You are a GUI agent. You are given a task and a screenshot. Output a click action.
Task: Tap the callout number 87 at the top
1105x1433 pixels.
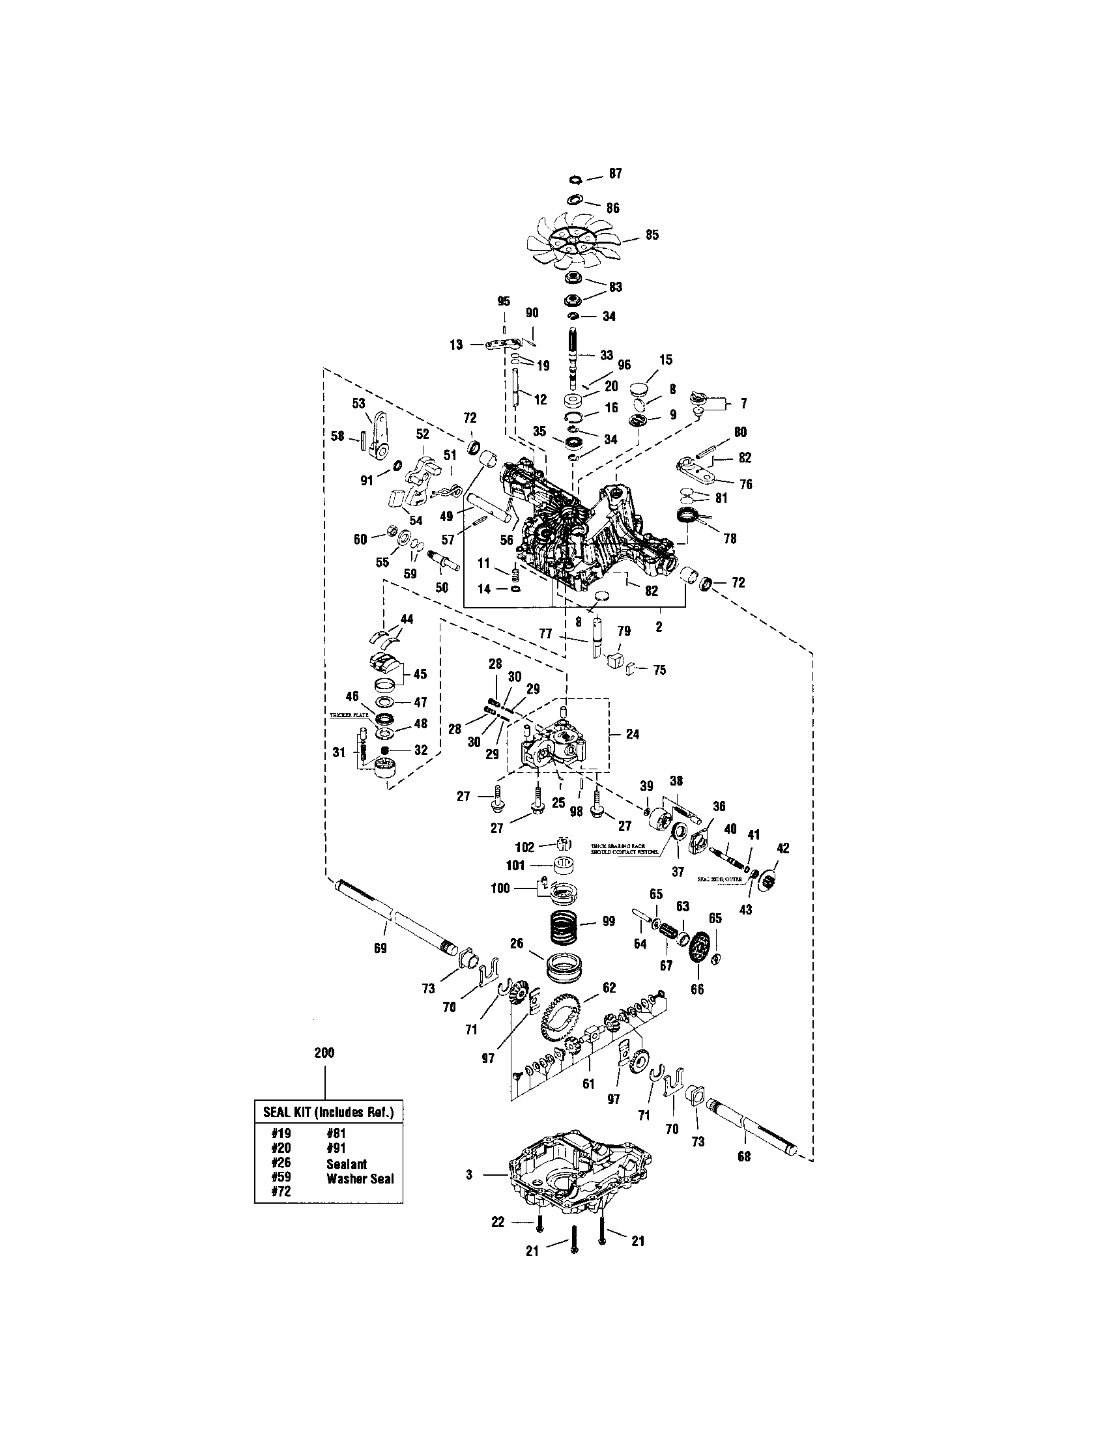pos(615,174)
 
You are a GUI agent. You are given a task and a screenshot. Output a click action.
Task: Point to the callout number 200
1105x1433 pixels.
pos(324,1053)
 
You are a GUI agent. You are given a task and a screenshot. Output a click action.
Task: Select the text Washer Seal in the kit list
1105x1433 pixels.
pos(360,1178)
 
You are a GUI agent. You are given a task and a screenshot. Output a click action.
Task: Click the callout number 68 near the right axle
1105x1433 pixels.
pos(743,1156)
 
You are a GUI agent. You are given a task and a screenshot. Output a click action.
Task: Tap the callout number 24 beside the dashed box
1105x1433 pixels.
pos(632,734)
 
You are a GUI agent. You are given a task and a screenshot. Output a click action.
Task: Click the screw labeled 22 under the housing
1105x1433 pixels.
pos(538,1221)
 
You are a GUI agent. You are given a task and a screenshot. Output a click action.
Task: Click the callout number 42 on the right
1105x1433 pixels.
pos(783,847)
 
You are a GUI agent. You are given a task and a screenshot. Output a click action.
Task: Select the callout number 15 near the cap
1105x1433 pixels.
pos(666,360)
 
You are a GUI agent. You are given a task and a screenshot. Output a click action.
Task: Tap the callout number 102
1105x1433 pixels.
pos(526,846)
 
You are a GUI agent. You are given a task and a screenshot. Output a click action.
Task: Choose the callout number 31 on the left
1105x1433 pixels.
pos(339,752)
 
